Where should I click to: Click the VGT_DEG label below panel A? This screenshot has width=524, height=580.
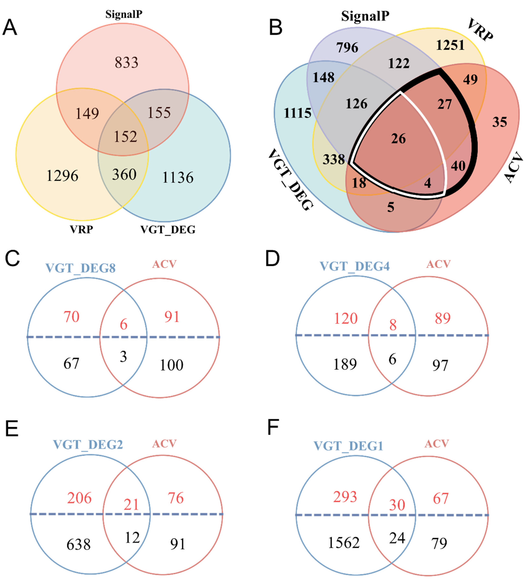(x=168, y=230)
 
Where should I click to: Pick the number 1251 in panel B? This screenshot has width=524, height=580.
(x=450, y=45)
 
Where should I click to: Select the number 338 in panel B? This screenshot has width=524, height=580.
(x=333, y=159)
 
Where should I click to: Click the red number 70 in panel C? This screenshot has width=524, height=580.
(x=71, y=317)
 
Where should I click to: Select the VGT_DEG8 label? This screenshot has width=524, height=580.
(x=81, y=268)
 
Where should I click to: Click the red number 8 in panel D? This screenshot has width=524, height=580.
(x=393, y=325)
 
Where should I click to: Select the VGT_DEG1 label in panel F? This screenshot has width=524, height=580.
(x=348, y=446)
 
